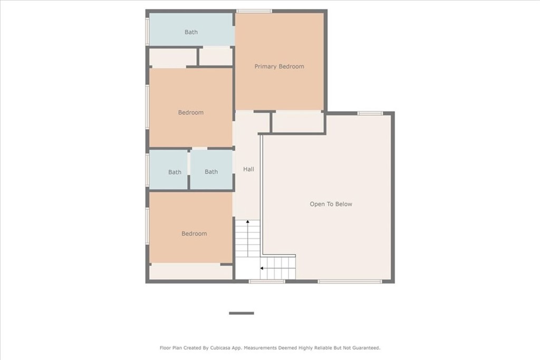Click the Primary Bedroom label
[x=279, y=66]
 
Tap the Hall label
[x=249, y=169]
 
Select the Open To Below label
[x=331, y=204]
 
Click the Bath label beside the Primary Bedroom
[x=191, y=32]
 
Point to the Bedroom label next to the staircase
[x=194, y=233]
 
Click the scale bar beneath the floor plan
[x=242, y=313]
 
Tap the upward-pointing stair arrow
[x=248, y=238]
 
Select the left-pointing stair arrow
[x=277, y=268]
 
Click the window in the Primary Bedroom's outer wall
[x=254, y=11]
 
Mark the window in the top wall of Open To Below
[x=370, y=113]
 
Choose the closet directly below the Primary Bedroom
[x=298, y=122]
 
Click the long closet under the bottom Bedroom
[x=191, y=272]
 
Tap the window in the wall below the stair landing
[x=267, y=281]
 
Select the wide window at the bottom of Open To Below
[x=350, y=281]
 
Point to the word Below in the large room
[x=344, y=204]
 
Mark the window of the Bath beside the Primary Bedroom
[x=148, y=31]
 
